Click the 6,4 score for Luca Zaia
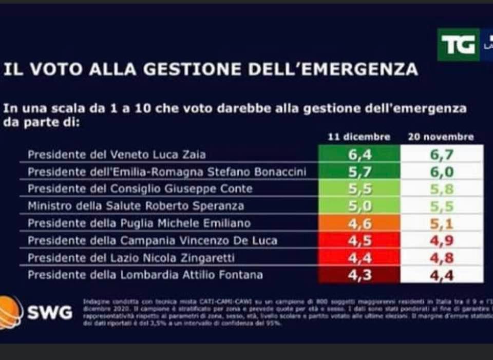[359, 154]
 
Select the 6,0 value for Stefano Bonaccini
[441, 172]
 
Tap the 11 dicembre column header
[359, 137]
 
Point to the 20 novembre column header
[441, 137]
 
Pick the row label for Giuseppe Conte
[140, 188]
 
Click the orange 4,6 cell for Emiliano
[359, 223]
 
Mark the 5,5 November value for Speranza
[441, 206]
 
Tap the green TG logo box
[458, 45]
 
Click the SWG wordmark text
[49, 313]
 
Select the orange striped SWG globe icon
[10, 312]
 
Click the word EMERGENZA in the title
[359, 69]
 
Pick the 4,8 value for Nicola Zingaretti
[441, 258]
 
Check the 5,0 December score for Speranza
[359, 206]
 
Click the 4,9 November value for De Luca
[441, 240]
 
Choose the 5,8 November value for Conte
[441, 188]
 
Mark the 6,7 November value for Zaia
[441, 154]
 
